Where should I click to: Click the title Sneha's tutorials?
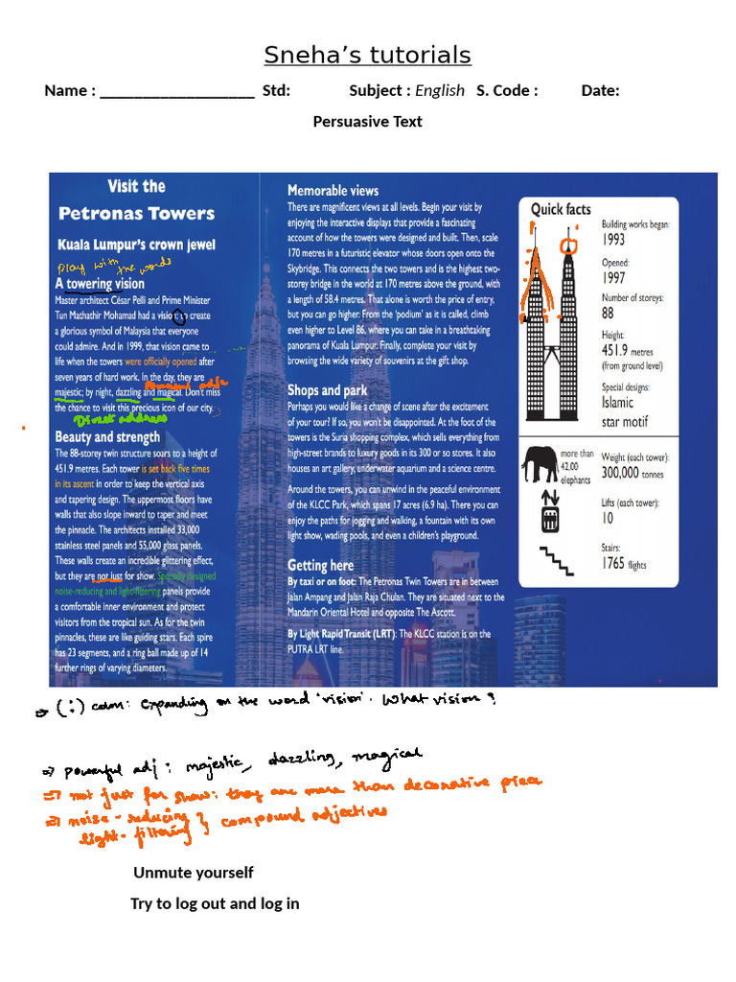367,56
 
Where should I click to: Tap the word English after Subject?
440,91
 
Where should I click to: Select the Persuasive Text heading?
367,122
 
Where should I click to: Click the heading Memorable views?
333,191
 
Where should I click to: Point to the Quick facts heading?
561,209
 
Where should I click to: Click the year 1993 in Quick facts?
614,240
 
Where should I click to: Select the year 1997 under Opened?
614,278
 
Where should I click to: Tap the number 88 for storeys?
609,314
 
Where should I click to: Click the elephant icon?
540,464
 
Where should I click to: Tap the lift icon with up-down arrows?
549,510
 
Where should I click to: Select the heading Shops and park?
327,390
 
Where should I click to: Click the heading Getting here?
320,565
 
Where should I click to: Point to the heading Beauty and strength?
107,436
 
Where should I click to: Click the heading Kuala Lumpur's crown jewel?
137,244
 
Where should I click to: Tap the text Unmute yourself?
194,873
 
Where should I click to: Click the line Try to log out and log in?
215,903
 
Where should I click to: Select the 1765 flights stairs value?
624,564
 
